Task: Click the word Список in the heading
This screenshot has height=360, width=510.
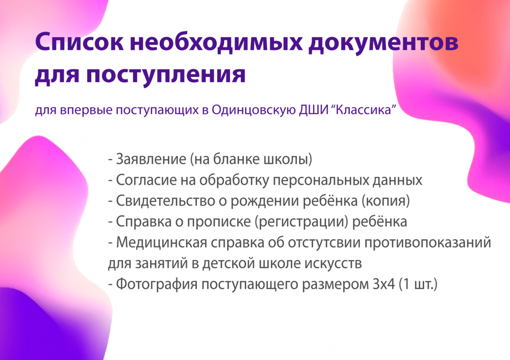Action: tap(79, 42)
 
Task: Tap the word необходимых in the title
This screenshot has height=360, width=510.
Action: tap(216, 42)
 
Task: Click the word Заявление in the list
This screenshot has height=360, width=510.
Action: tap(151, 160)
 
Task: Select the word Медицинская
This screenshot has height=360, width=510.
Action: tap(162, 243)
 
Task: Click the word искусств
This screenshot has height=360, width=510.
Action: tap(333, 264)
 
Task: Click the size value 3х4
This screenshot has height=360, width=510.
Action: tap(384, 284)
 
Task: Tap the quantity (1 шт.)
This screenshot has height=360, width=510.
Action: tap(418, 284)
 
